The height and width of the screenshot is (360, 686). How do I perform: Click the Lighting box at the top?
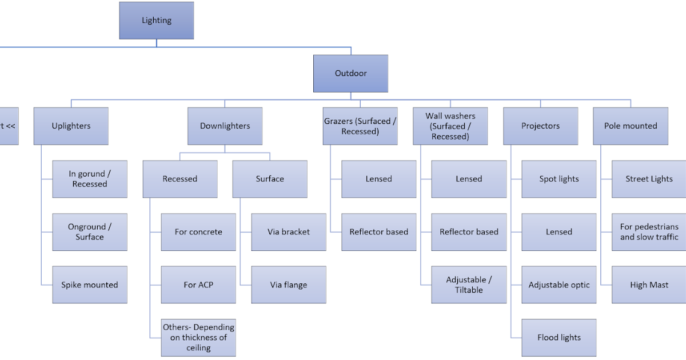(x=156, y=21)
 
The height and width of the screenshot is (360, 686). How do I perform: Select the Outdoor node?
(x=350, y=73)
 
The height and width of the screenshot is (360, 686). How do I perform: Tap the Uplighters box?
(x=71, y=126)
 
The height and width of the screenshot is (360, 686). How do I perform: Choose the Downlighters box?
(x=225, y=126)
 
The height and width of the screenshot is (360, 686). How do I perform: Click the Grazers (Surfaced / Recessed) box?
(x=360, y=126)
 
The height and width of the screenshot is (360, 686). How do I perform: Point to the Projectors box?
(x=540, y=126)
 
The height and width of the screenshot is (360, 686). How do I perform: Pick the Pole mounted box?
(x=630, y=126)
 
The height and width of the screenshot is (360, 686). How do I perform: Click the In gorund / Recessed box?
(x=90, y=179)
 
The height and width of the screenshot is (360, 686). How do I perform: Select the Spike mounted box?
(x=90, y=285)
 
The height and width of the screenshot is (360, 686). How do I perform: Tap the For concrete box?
(x=198, y=232)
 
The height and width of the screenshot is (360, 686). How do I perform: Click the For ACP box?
(x=198, y=285)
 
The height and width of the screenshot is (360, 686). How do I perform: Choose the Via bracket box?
(x=289, y=232)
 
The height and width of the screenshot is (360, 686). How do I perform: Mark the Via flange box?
(x=289, y=285)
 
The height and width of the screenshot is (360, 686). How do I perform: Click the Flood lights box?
(x=559, y=337)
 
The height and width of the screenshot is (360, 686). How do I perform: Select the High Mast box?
(x=649, y=285)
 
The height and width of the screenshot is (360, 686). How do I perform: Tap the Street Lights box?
(x=649, y=179)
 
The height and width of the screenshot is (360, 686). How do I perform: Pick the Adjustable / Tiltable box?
(x=469, y=285)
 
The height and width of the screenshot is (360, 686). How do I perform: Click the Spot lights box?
(x=559, y=179)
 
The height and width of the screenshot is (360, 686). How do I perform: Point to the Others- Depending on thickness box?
(x=198, y=337)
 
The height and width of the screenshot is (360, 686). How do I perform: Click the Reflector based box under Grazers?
(x=379, y=232)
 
